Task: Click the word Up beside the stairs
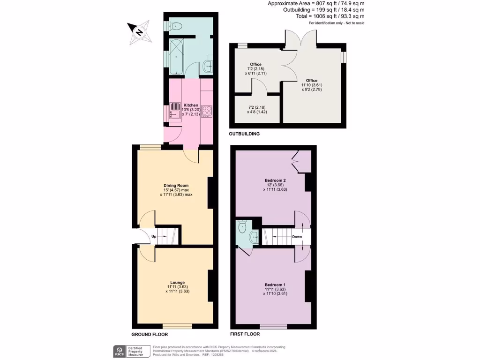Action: point(154,237)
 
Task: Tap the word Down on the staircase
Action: point(297,237)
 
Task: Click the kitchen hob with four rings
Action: point(207,111)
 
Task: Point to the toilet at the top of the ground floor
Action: point(175,26)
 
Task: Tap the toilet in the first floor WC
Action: point(242,227)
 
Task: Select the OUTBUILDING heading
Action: point(244,134)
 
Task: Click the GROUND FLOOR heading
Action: point(150,335)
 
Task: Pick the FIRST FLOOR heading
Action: point(245,334)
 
